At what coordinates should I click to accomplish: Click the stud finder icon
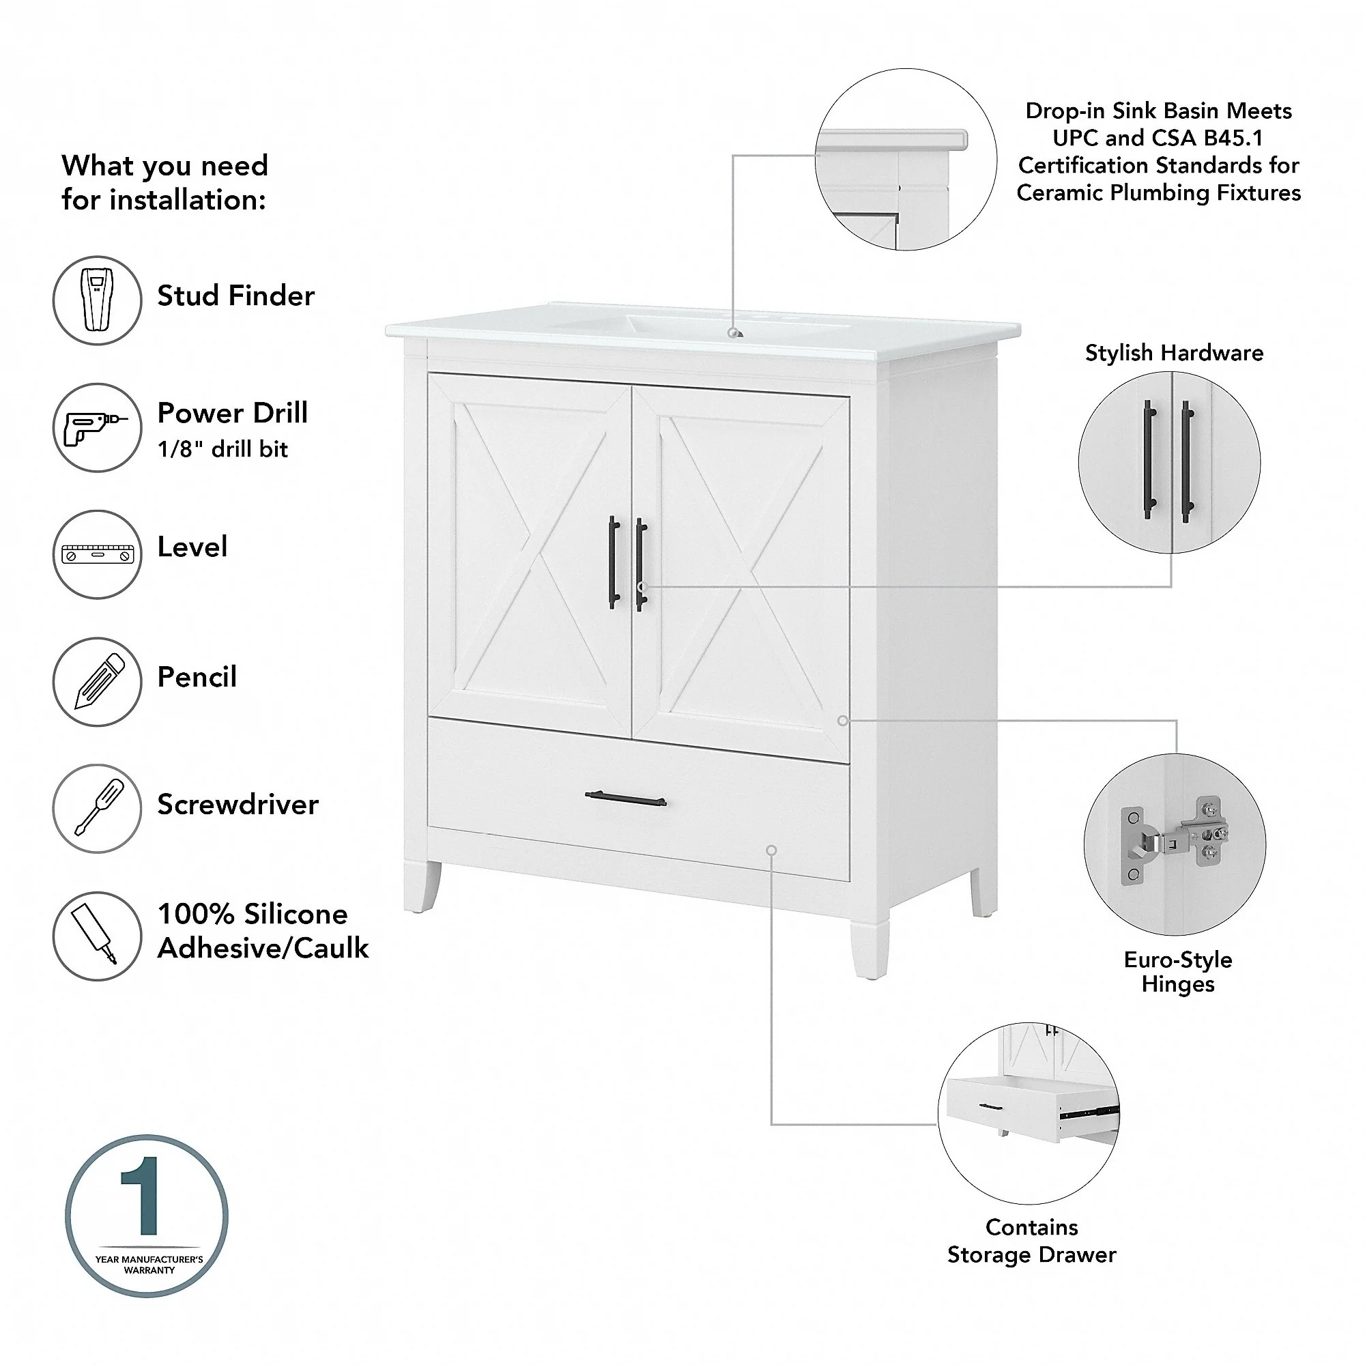(x=98, y=300)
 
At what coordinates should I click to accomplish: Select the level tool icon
(x=98, y=555)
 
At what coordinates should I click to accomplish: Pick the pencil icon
(x=100, y=681)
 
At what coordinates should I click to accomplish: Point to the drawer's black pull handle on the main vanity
(x=626, y=799)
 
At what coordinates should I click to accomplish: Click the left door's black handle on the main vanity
(x=614, y=562)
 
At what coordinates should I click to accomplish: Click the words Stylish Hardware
(x=1173, y=353)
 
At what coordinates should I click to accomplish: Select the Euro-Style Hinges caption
(x=1178, y=971)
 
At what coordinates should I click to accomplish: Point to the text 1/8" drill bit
(x=222, y=448)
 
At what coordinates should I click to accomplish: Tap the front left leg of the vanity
(x=422, y=887)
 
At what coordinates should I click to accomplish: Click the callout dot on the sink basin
(x=734, y=333)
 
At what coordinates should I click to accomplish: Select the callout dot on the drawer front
(x=771, y=850)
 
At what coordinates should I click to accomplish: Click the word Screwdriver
(x=238, y=804)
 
